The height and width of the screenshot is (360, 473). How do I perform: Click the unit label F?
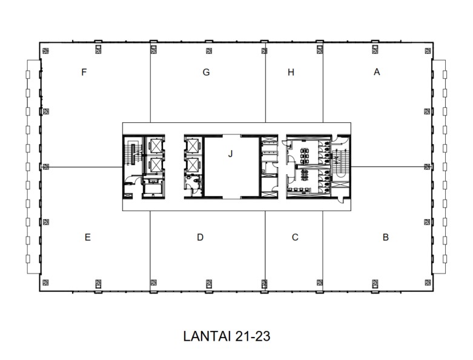tap(85, 72)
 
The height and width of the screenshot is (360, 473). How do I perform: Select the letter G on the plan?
tap(207, 72)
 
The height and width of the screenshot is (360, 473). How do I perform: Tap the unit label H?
tap(291, 72)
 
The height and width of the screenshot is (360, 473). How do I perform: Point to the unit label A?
tap(377, 72)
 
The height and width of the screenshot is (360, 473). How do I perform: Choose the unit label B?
tap(386, 237)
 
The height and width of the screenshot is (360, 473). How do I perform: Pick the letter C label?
tap(295, 237)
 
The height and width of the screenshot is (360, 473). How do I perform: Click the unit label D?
tap(200, 237)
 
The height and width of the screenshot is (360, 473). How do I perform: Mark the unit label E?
tap(88, 237)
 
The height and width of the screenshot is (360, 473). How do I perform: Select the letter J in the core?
tap(230, 154)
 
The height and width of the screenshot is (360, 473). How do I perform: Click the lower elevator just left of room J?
tap(193, 165)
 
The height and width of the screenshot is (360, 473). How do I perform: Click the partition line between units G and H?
tap(265, 85)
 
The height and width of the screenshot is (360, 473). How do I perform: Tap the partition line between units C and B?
tap(322, 248)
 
